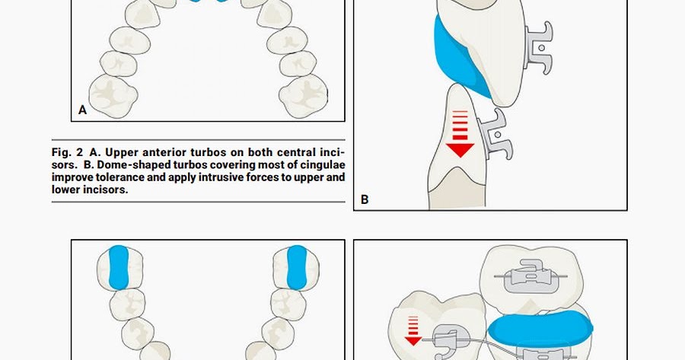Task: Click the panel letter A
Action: point(83,110)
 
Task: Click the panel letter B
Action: point(365,199)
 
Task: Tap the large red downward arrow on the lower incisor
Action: point(460,135)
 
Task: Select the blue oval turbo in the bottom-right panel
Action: point(540,330)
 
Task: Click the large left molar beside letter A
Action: point(112,93)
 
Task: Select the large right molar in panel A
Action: point(304,93)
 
